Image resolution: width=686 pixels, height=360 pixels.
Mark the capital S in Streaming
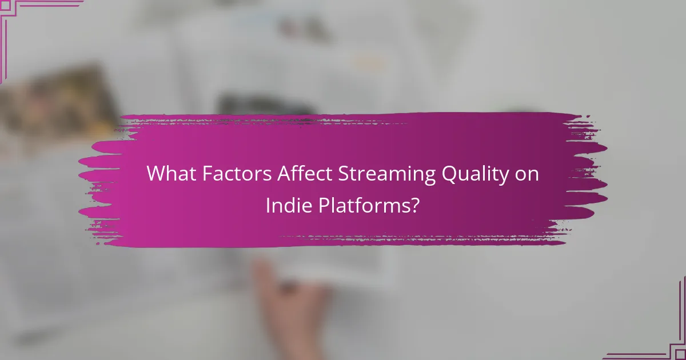click(343, 174)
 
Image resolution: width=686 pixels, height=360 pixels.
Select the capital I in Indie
click(268, 206)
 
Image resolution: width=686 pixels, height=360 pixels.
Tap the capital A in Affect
click(282, 174)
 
